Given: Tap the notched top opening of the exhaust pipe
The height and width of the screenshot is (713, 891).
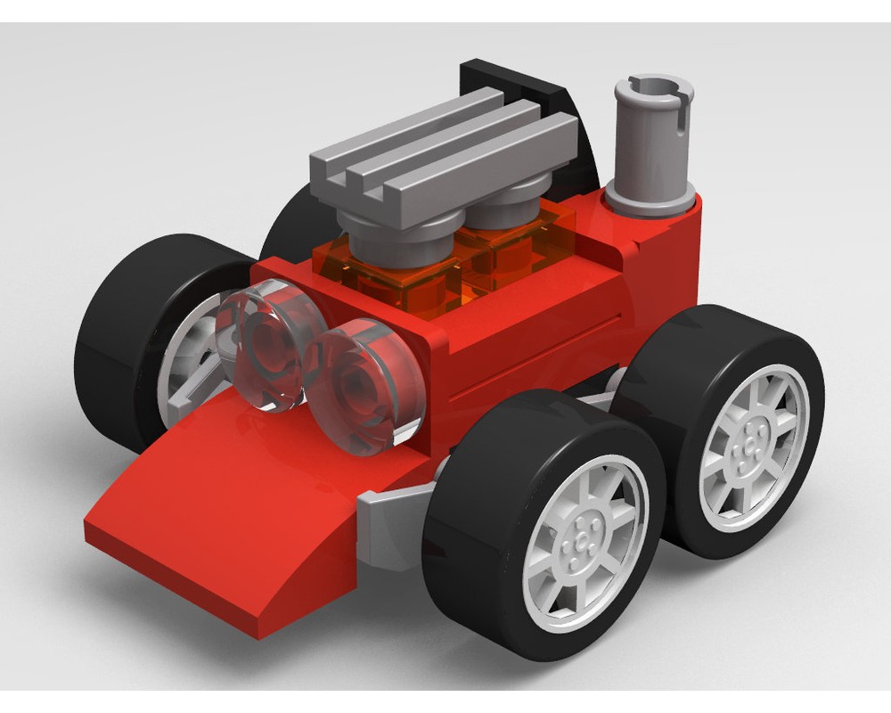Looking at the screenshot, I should (x=652, y=89).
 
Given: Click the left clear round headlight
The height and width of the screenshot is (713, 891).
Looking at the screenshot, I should (x=267, y=343).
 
